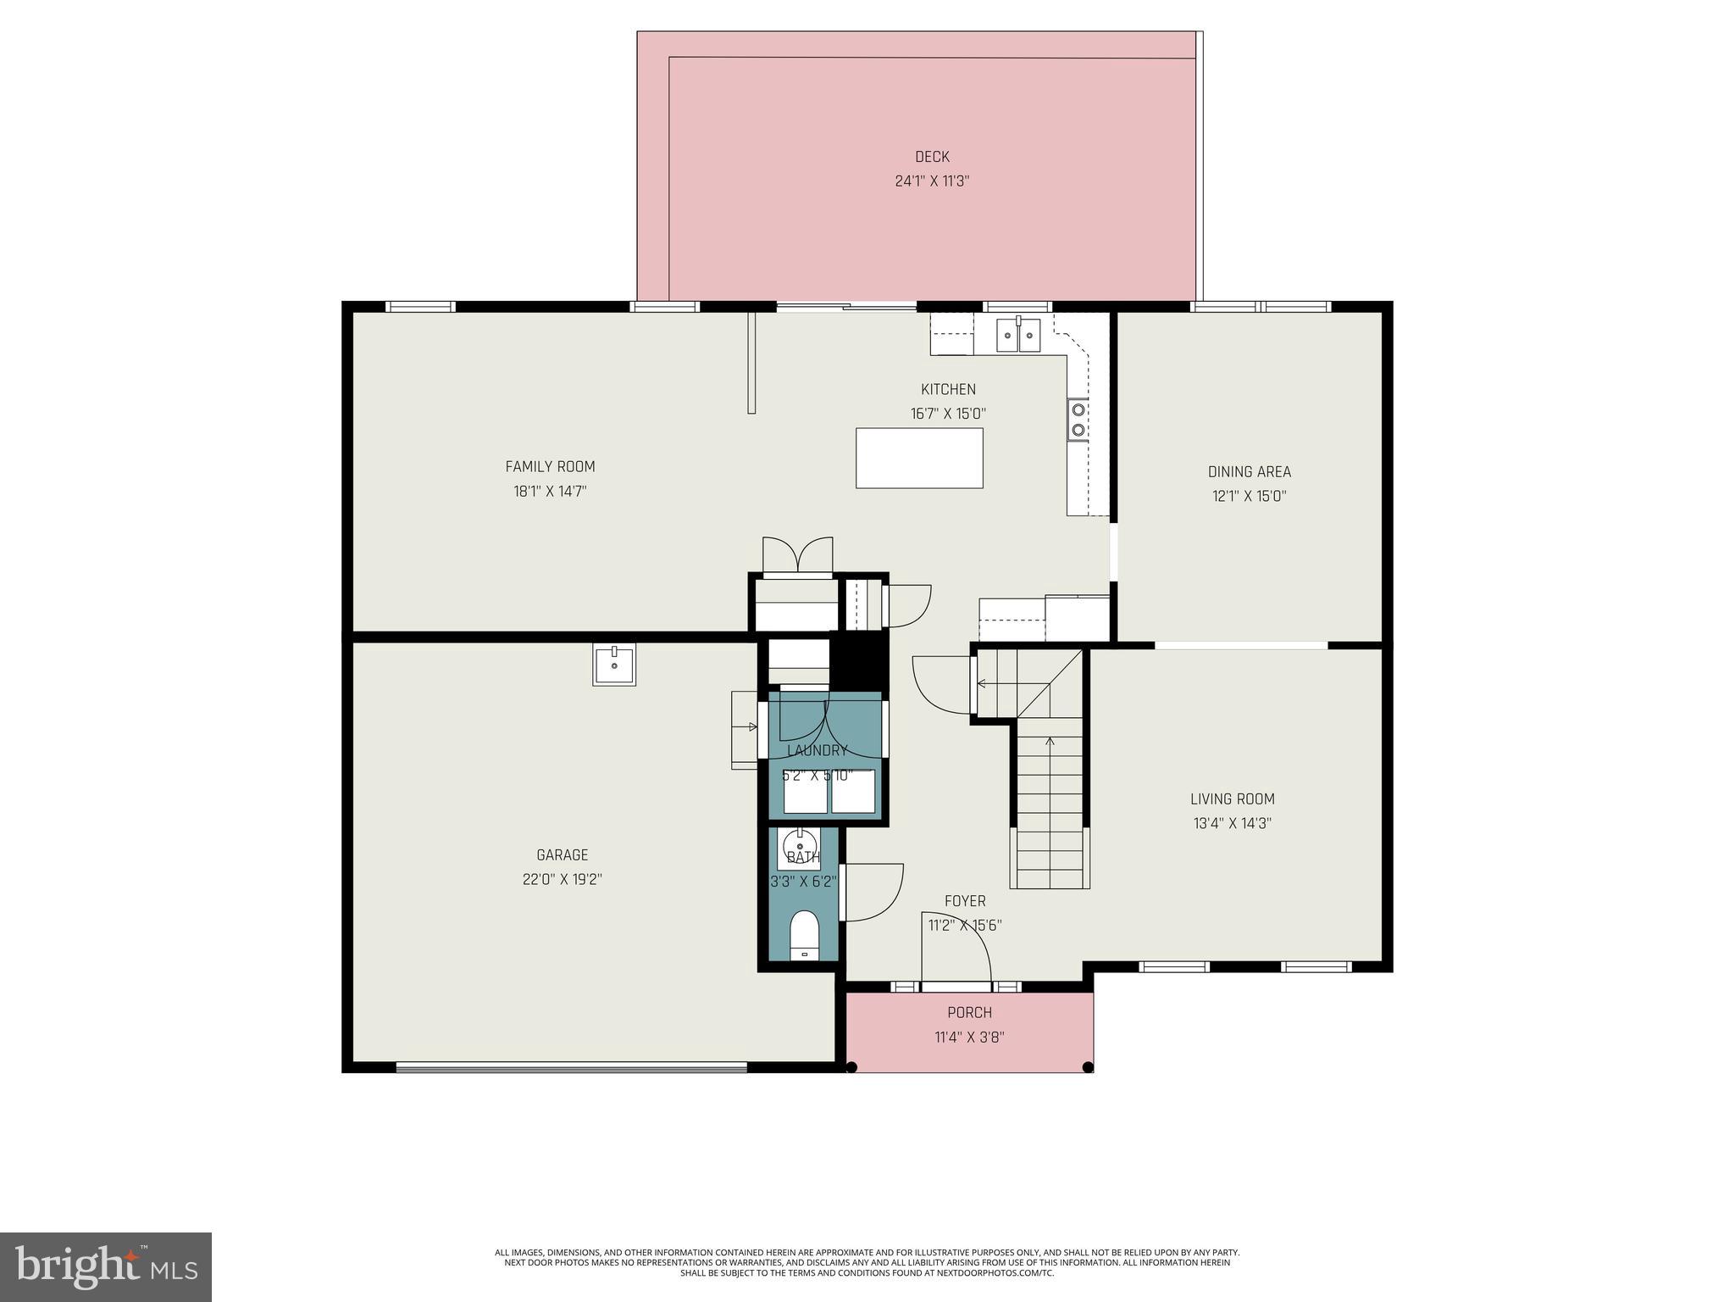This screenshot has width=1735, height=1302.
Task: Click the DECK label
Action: click(x=932, y=157)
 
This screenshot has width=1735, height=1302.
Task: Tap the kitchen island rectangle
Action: click(x=919, y=458)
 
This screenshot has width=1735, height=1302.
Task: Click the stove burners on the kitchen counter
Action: click(x=1078, y=419)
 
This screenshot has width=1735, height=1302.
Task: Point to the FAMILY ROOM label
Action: click(x=550, y=466)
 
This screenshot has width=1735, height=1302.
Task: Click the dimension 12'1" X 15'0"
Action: click(x=1249, y=496)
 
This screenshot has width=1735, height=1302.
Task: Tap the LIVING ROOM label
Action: click(x=1232, y=798)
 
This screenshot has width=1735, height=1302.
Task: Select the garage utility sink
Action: click(x=614, y=664)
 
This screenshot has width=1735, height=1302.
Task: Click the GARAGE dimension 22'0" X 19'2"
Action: click(x=562, y=879)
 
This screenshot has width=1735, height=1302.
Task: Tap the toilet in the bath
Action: click(x=804, y=935)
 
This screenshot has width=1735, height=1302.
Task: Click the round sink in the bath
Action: click(x=797, y=845)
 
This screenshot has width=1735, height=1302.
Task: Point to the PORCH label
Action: click(x=969, y=1012)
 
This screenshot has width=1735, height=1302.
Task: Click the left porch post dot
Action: click(x=852, y=1067)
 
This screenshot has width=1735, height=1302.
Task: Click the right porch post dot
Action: click(x=1088, y=1067)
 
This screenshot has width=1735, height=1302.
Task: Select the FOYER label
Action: click(x=965, y=901)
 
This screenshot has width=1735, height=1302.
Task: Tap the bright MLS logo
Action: click(x=106, y=1266)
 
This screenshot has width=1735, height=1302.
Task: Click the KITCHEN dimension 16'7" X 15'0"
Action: click(x=948, y=414)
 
